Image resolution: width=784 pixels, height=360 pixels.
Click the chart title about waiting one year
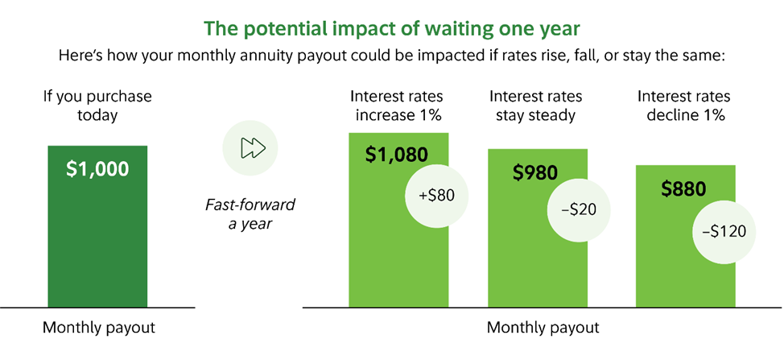tap(392, 28)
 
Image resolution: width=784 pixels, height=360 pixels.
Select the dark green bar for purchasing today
tap(97, 234)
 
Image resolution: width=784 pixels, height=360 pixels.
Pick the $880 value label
tap(683, 188)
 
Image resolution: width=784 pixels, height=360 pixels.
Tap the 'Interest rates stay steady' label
tap(535, 106)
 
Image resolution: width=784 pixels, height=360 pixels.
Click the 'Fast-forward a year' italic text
tap(250, 214)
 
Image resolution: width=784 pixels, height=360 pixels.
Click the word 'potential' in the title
tap(272, 28)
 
